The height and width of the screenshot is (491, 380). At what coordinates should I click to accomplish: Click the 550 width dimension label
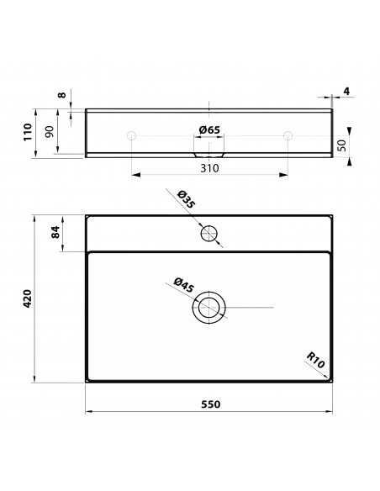(210, 404)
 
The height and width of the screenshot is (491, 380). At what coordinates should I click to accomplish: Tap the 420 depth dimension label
(28, 298)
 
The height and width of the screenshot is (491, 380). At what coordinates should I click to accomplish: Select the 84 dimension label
(55, 232)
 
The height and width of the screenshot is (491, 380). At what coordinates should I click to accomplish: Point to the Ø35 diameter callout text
(186, 199)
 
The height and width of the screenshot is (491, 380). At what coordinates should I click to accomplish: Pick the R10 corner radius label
(315, 360)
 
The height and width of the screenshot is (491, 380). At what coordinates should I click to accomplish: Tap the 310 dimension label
(209, 168)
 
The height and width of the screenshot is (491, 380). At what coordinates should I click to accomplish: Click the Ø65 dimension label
(209, 129)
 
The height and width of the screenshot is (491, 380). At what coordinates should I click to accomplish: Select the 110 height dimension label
(28, 132)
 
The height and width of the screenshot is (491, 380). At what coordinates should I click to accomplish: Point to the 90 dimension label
(50, 131)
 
